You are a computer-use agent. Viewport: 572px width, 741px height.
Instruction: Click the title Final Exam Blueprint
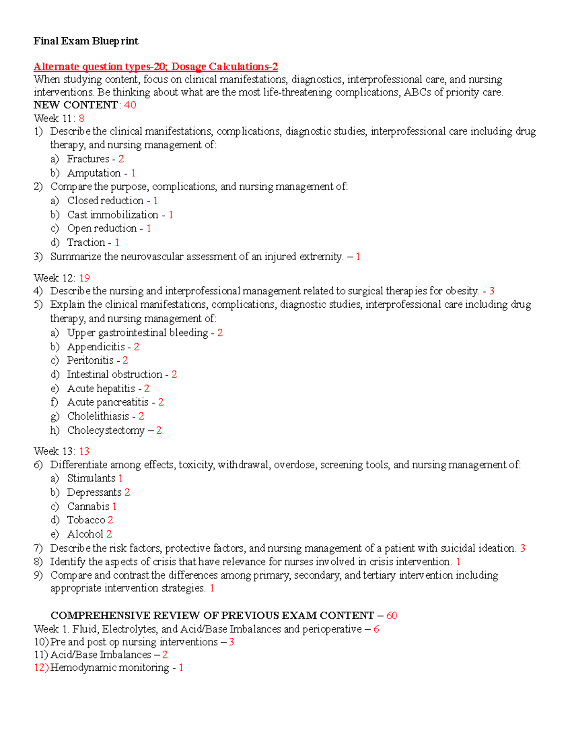pyautogui.click(x=86, y=42)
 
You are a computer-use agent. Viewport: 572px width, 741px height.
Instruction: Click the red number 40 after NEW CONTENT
pyautogui.click(x=130, y=105)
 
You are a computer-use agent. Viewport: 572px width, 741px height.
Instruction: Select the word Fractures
pyautogui.click(x=88, y=159)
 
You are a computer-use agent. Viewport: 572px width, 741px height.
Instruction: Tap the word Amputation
pyautogui.click(x=94, y=173)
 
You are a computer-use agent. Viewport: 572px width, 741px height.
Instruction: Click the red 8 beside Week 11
pyautogui.click(x=82, y=119)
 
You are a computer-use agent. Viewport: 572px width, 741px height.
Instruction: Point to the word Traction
pyautogui.click(x=86, y=243)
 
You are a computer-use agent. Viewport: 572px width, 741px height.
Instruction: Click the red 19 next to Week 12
pyautogui.click(x=84, y=278)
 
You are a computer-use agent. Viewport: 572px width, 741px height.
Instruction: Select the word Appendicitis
pyautogui.click(x=96, y=347)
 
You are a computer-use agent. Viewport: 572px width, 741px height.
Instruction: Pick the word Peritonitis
pyautogui.click(x=90, y=361)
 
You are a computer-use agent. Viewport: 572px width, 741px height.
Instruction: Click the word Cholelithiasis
pyautogui.click(x=98, y=417)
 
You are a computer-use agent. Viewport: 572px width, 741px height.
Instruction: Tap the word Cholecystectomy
pyautogui.click(x=106, y=430)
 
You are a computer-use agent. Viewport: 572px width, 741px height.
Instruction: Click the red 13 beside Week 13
pyautogui.click(x=84, y=451)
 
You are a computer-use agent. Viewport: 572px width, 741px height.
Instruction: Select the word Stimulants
pyautogui.click(x=91, y=479)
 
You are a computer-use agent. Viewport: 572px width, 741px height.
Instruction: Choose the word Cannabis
pyautogui.click(x=88, y=507)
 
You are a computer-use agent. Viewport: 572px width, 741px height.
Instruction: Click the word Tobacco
pyautogui.click(x=86, y=520)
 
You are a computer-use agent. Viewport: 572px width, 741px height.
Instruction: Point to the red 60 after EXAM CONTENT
pyautogui.click(x=392, y=616)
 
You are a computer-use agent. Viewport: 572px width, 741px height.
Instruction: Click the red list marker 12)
pyautogui.click(x=41, y=668)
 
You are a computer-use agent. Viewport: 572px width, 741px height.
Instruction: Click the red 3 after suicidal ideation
pyautogui.click(x=523, y=548)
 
